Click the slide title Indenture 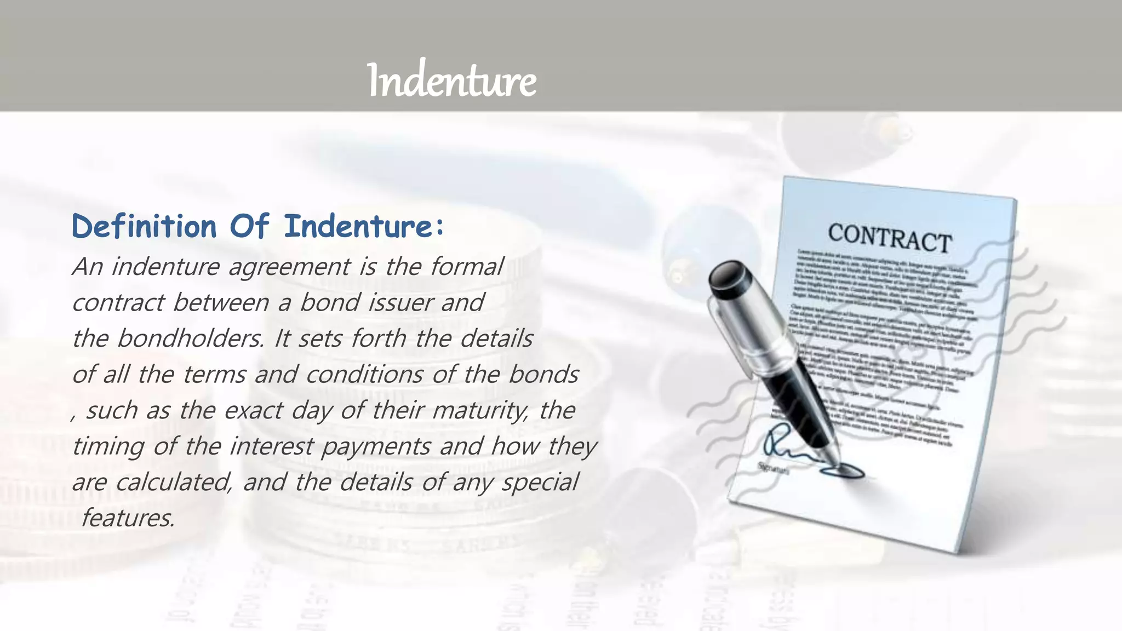tap(452, 81)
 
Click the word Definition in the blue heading tap(144, 227)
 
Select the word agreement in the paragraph tap(289, 267)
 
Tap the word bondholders tap(190, 339)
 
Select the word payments tap(376, 446)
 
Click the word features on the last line tap(128, 518)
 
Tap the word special tap(540, 483)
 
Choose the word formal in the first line tap(466, 267)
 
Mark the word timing tap(107, 446)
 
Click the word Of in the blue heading tap(249, 227)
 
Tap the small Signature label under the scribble tap(773, 469)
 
